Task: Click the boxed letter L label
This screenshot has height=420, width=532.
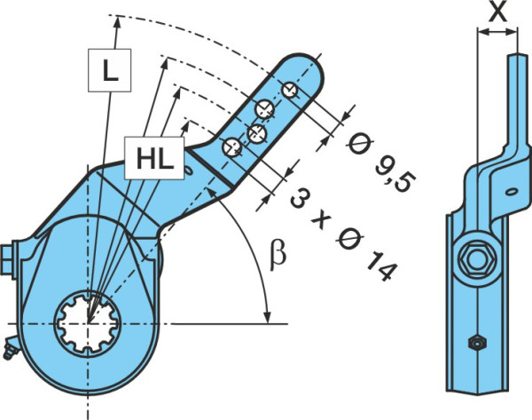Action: [110, 70]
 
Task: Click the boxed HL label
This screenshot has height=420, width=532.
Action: [154, 158]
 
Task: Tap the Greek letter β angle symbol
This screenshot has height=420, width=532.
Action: [278, 256]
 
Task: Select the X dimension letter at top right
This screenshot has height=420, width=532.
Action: [497, 12]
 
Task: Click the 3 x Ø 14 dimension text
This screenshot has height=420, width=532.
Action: [344, 234]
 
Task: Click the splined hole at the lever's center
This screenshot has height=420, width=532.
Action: [88, 322]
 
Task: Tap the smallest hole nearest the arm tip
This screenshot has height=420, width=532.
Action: [290, 91]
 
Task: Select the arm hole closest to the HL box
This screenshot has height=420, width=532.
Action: [232, 147]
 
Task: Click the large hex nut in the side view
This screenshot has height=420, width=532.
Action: [477, 259]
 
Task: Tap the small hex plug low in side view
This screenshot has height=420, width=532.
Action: [477, 343]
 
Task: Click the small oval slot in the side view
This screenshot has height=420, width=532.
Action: [511, 192]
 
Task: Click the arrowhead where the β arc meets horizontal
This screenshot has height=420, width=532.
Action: [268, 315]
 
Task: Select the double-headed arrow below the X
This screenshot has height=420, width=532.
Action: [497, 32]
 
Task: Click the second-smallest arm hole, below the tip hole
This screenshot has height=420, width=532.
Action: [264, 109]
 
